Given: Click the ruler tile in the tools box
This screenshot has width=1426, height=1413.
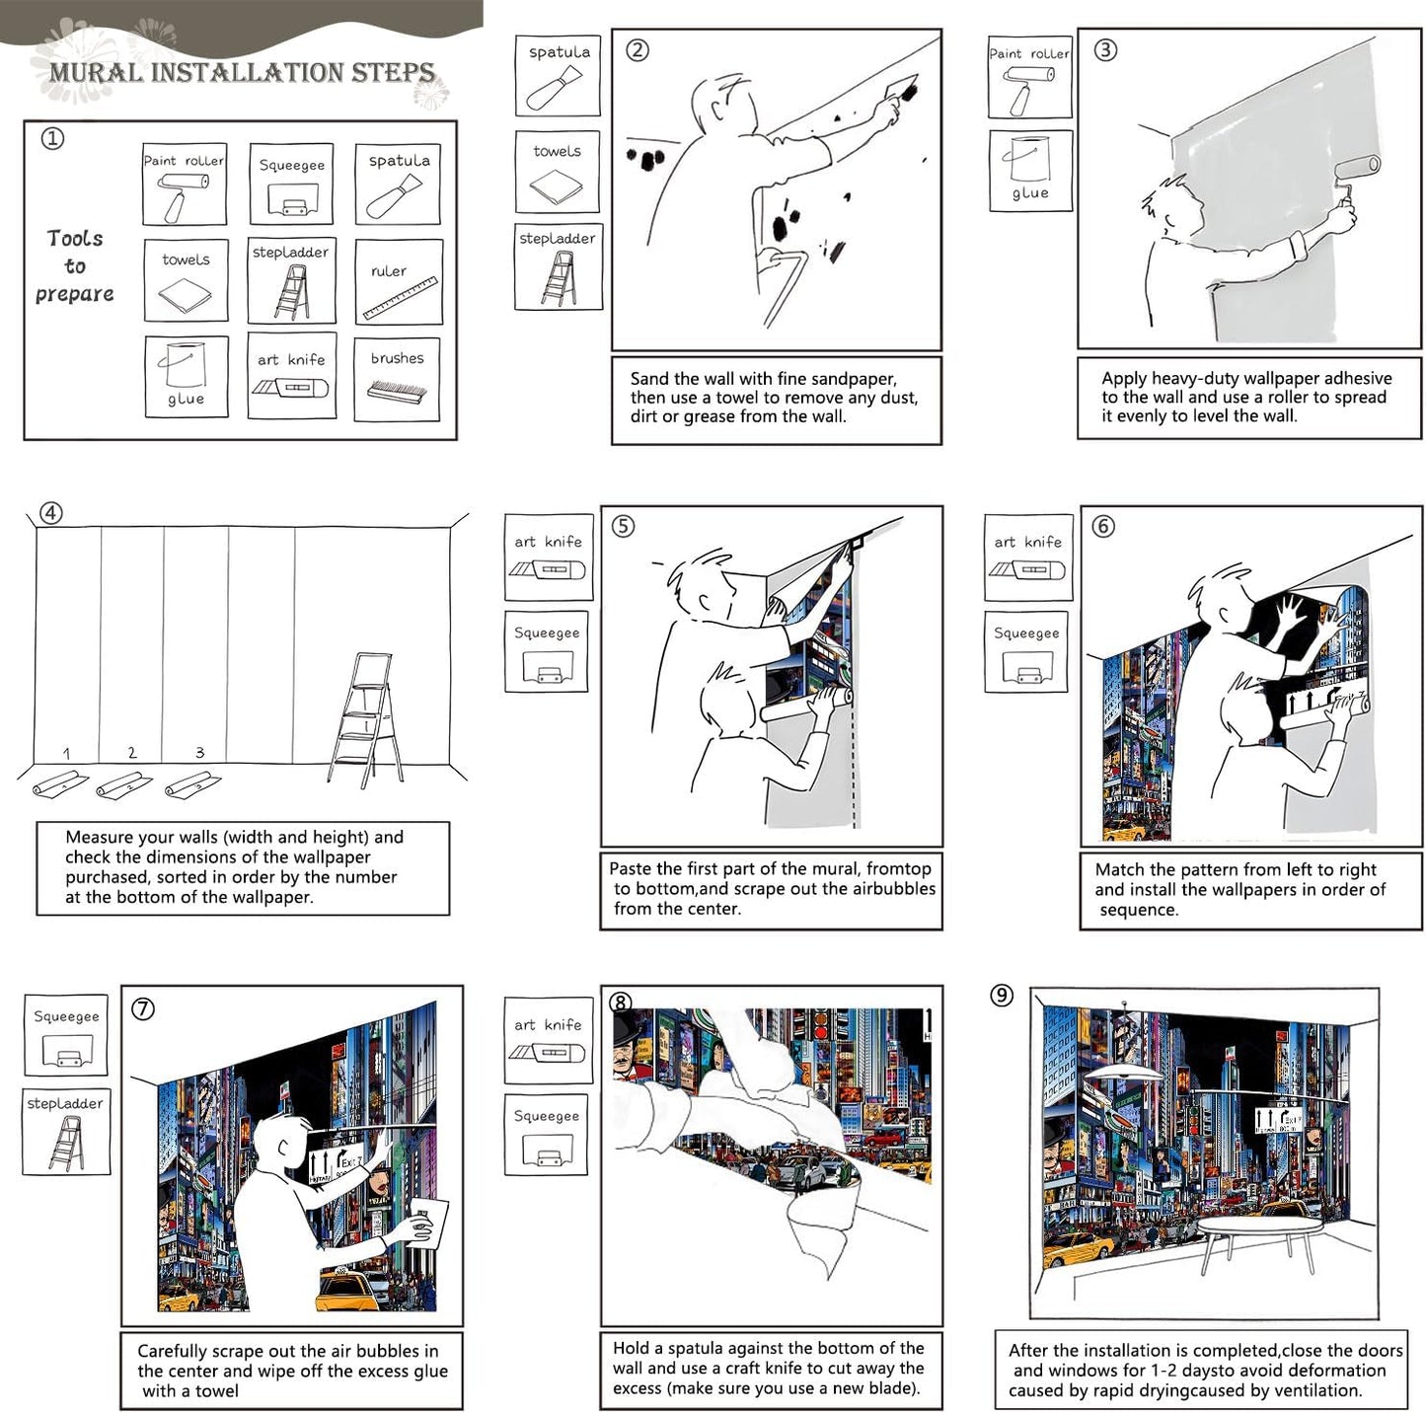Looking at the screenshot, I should pos(398,281).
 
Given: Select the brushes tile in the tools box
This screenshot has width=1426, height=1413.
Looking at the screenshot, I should pos(397,379).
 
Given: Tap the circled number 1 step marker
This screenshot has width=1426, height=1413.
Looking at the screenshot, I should pos(52,138).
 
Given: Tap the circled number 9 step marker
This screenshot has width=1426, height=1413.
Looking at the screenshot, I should pos(1002,996).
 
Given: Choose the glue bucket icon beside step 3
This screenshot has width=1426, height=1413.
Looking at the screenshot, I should pos(1030,170).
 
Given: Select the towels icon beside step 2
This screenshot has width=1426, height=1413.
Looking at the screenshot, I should pos(558,172).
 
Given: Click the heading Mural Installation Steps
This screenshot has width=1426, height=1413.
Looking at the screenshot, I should pos(242,72).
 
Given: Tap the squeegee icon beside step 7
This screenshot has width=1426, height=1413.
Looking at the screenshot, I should pos(66,1035).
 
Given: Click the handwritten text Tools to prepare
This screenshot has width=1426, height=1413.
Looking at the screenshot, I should pos(75,266).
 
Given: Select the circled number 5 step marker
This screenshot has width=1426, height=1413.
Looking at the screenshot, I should pos(623,526).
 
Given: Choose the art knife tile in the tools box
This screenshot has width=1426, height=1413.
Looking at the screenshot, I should pos(291,377).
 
